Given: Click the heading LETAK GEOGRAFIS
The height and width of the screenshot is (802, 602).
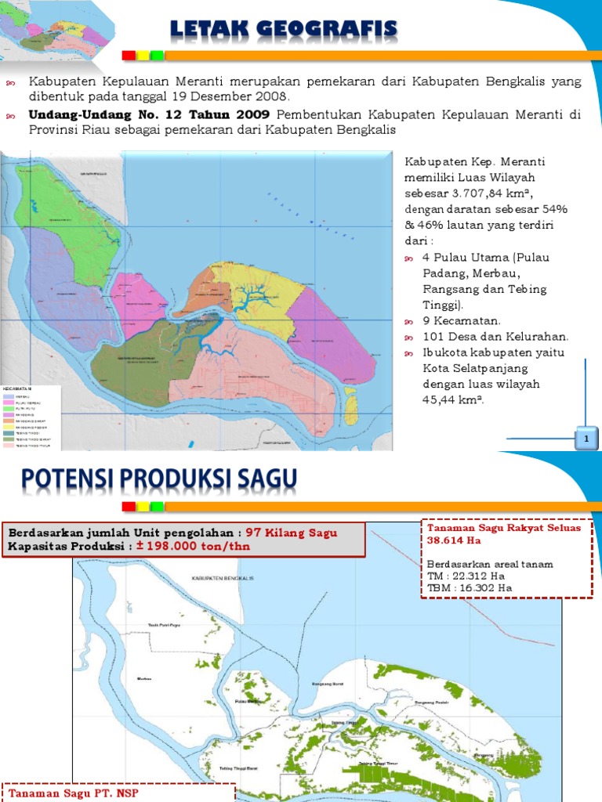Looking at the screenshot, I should pyautogui.click(x=285, y=31).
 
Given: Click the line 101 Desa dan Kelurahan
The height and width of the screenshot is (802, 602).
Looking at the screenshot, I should pyautogui.click(x=495, y=337).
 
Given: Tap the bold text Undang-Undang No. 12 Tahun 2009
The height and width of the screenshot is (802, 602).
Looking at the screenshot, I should pyautogui.click(x=149, y=114).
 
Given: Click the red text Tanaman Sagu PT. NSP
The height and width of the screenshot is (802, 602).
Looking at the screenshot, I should pyautogui.click(x=60, y=793).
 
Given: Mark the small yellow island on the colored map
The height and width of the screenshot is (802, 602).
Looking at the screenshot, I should pyautogui.click(x=352, y=406).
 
